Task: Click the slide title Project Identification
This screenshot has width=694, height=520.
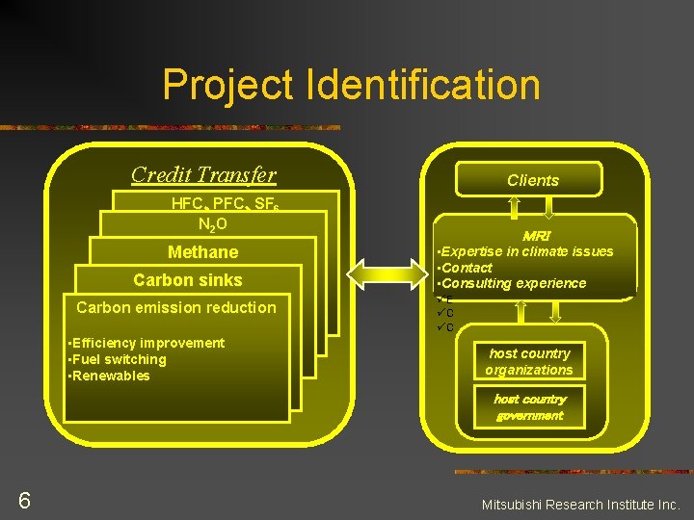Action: tap(351, 84)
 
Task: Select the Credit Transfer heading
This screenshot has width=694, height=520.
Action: tap(203, 174)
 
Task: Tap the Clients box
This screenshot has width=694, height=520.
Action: tap(532, 180)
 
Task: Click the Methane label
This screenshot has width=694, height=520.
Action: tap(202, 252)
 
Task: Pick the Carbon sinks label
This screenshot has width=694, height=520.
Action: tap(188, 280)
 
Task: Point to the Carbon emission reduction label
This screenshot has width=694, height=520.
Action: tap(175, 308)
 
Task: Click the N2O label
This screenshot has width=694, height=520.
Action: tap(212, 224)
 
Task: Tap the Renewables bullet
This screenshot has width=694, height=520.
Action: tap(109, 376)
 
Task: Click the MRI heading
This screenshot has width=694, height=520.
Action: tap(535, 236)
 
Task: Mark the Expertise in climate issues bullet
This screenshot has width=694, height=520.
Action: tap(526, 251)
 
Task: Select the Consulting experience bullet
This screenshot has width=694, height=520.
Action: tap(513, 283)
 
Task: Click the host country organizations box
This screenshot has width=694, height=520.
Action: tap(529, 362)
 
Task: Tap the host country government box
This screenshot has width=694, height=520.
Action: tap(529, 407)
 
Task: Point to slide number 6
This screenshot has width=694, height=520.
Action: tap(24, 500)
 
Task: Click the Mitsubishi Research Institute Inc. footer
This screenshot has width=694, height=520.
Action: tap(580, 504)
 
